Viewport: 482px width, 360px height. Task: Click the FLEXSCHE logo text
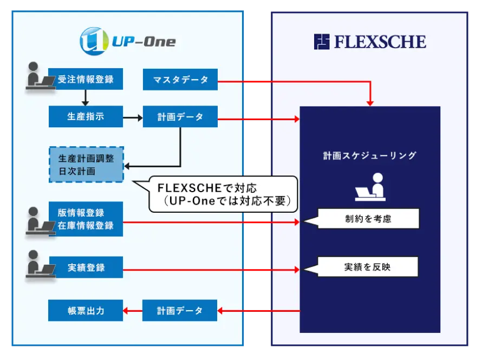[x=370, y=42]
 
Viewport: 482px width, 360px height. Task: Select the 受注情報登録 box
[x=86, y=79]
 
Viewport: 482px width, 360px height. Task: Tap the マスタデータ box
[x=180, y=80]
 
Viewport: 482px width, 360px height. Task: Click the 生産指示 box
[x=86, y=116]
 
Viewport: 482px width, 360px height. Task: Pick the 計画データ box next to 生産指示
[x=180, y=116]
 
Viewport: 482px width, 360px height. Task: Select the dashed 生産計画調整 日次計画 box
[x=86, y=164]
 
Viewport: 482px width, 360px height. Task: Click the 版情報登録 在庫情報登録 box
[x=86, y=219]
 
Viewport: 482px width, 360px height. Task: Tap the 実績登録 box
[x=86, y=267]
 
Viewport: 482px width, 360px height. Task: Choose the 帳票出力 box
[x=86, y=310]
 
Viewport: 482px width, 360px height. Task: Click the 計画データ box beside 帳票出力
[x=180, y=310]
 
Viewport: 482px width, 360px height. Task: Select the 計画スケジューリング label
[x=370, y=155]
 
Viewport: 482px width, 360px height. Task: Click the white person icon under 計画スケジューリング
[x=370, y=186]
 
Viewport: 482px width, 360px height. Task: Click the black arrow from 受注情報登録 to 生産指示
[x=86, y=97]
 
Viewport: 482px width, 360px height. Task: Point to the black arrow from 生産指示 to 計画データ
[x=133, y=116]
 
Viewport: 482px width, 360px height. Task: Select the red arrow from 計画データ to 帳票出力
[x=133, y=310]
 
